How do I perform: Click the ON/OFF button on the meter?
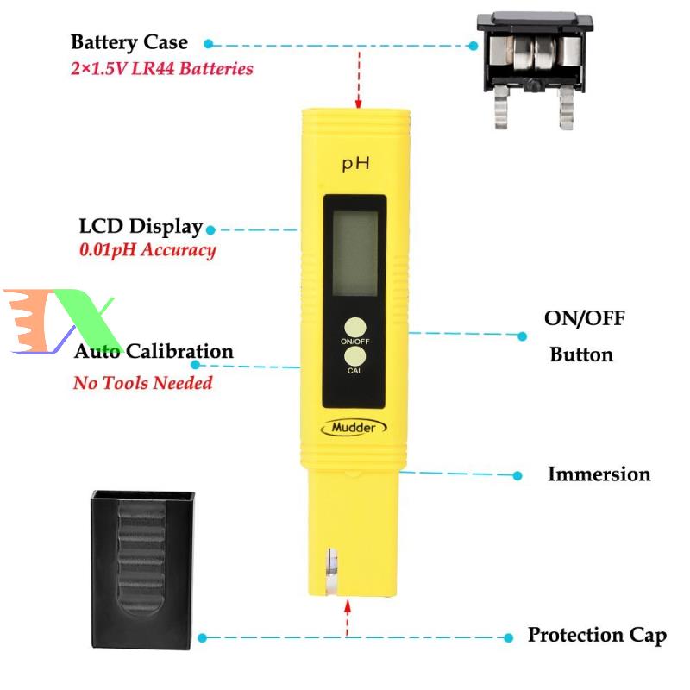354,327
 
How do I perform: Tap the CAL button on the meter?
354,356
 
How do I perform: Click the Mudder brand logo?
354,427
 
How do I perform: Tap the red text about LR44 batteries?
161,68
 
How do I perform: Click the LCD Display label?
141,227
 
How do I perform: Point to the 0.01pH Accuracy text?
147,250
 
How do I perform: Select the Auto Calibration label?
154,352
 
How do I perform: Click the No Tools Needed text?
142,382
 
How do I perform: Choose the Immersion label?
599,474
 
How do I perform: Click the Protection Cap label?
597,636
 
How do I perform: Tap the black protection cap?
142,560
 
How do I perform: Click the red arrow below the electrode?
348,618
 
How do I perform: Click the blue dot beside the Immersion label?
517,475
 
